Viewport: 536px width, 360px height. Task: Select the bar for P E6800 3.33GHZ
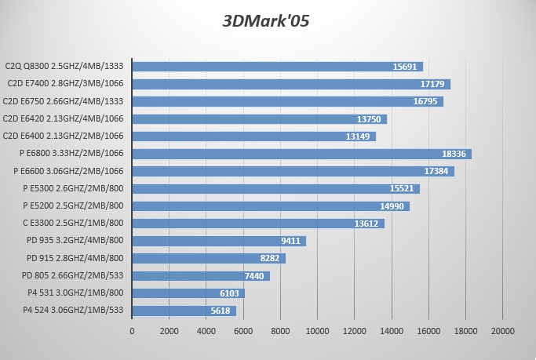point(301,154)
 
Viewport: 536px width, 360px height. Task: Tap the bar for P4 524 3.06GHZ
point(184,311)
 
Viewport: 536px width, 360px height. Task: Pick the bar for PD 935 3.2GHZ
point(219,241)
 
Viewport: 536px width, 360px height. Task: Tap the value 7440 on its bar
point(253,276)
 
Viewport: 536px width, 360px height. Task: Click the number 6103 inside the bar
point(228,293)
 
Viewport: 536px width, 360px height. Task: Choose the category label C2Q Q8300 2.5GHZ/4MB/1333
point(64,67)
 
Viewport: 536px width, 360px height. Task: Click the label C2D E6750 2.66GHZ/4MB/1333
point(64,101)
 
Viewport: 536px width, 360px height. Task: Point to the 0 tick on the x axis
point(132,331)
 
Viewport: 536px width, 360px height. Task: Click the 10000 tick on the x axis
point(317,331)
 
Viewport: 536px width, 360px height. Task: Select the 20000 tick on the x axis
point(502,331)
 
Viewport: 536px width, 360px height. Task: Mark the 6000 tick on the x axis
point(243,331)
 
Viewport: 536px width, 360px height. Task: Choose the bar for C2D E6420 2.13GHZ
point(259,119)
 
